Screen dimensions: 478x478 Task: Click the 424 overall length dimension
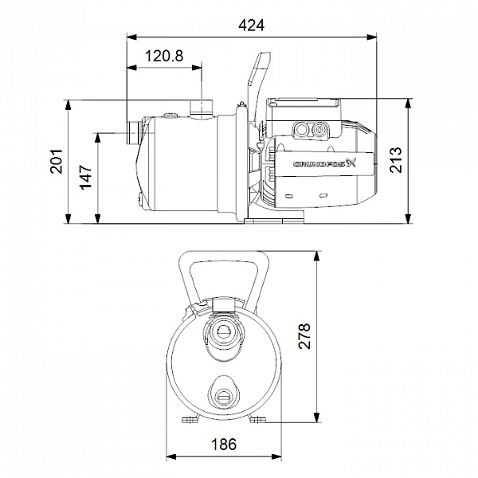pos(251,25)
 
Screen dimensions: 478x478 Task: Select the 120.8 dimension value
pos(164,56)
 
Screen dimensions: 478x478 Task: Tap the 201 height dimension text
pos(56,161)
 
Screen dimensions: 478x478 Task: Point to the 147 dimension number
pos(86,177)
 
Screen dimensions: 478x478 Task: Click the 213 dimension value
pos(396,160)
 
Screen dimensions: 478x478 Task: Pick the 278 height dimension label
pos(304,336)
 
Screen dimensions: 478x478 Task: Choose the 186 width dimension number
pos(224,445)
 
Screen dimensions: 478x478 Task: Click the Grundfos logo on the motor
pos(325,163)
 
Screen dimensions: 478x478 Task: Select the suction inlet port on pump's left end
pos(133,133)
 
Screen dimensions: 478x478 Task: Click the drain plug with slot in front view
pos(224,398)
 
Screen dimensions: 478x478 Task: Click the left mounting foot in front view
pos(190,420)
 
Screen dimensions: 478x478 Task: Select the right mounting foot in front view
pos(257,420)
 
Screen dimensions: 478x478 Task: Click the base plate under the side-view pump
pos(274,217)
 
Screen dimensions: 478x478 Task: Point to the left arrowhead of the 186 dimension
pos(171,457)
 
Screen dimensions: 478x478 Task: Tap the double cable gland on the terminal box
pos(311,130)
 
